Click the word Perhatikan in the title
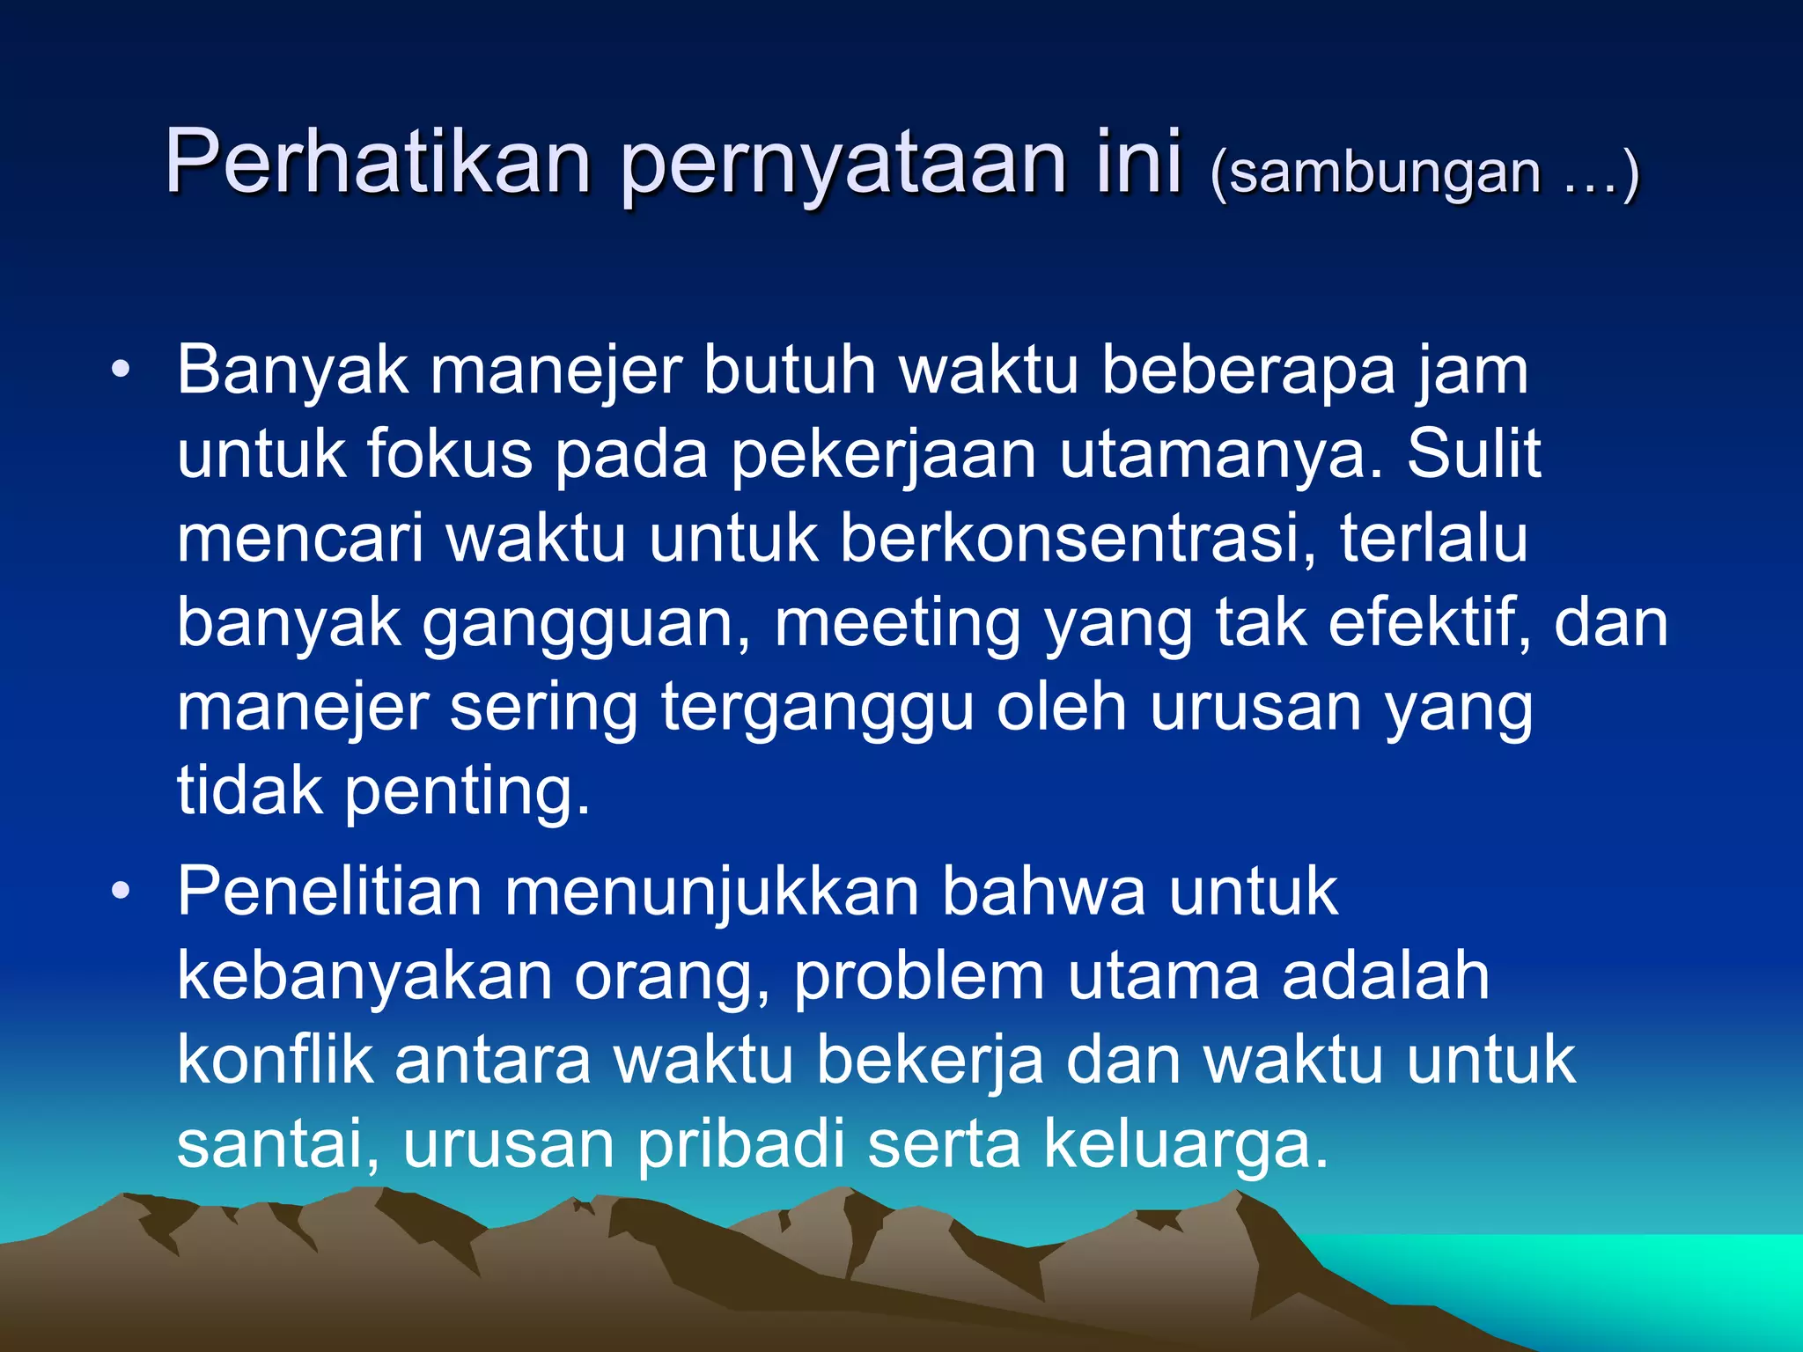[378, 162]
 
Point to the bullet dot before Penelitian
[121, 891]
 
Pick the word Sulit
[1472, 454]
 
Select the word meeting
[897, 625]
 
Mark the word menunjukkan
[711, 893]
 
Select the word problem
[918, 978]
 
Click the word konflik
[275, 1060]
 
